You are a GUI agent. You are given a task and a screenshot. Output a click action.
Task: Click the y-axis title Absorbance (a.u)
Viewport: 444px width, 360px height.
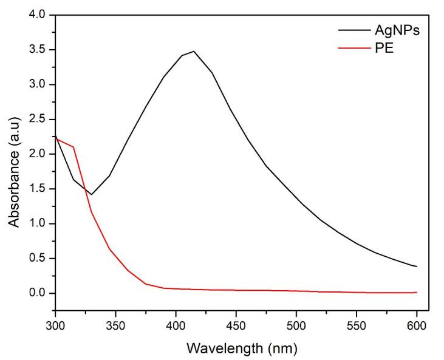[x=14, y=163]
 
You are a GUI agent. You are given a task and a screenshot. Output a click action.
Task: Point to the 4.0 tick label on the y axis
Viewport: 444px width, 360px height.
[x=38, y=15]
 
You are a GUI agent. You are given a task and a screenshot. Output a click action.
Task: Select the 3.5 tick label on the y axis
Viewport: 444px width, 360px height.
[x=38, y=50]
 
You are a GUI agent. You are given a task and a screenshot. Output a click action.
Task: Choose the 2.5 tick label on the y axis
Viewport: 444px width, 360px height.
[x=38, y=119]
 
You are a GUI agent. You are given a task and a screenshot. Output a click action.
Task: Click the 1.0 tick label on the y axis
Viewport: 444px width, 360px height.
[x=38, y=223]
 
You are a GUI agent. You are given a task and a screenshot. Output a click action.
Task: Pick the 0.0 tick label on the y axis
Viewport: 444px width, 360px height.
[x=38, y=293]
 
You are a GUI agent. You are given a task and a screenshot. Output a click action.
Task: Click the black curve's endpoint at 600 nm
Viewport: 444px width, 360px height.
[x=417, y=267]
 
